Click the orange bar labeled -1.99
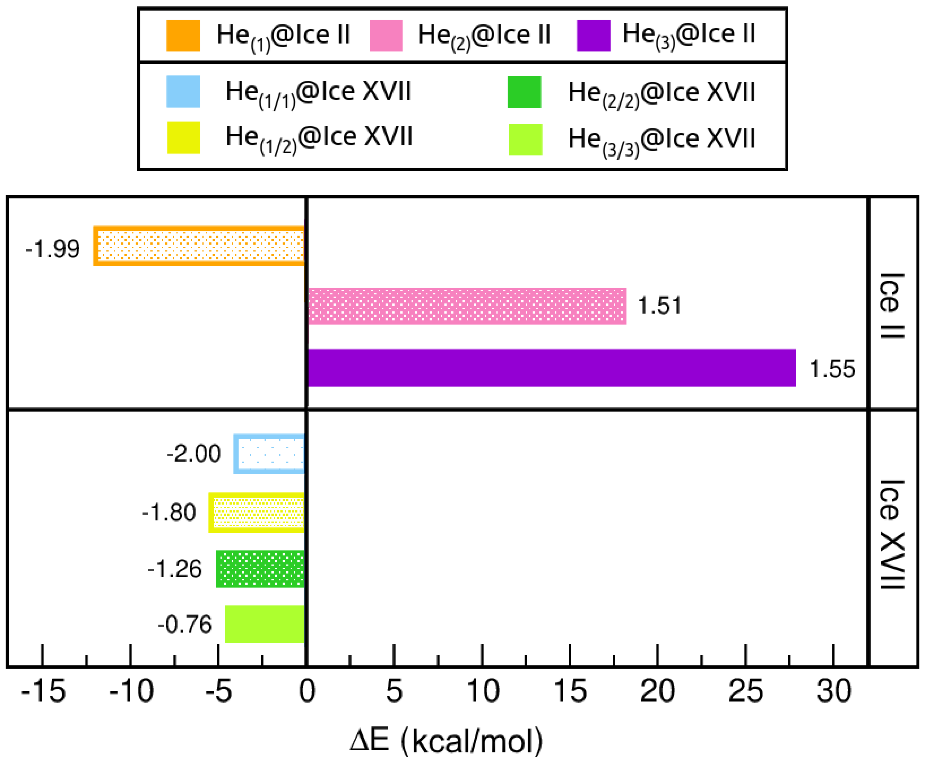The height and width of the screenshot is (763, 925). (199, 246)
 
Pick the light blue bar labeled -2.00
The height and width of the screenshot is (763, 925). (269, 454)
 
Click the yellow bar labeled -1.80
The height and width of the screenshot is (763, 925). (257, 513)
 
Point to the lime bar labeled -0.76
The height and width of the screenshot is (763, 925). (265, 624)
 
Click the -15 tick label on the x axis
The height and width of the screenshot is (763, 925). (43, 691)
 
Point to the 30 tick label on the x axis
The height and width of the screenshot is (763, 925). (833, 691)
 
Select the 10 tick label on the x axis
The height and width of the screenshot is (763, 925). (483, 691)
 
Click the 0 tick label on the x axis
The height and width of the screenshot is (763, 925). (307, 691)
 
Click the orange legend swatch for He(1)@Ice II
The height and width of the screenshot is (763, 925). (183, 36)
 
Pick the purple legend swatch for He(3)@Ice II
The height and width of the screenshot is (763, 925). (594, 36)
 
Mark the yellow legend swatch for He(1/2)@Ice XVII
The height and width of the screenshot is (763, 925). (183, 138)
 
